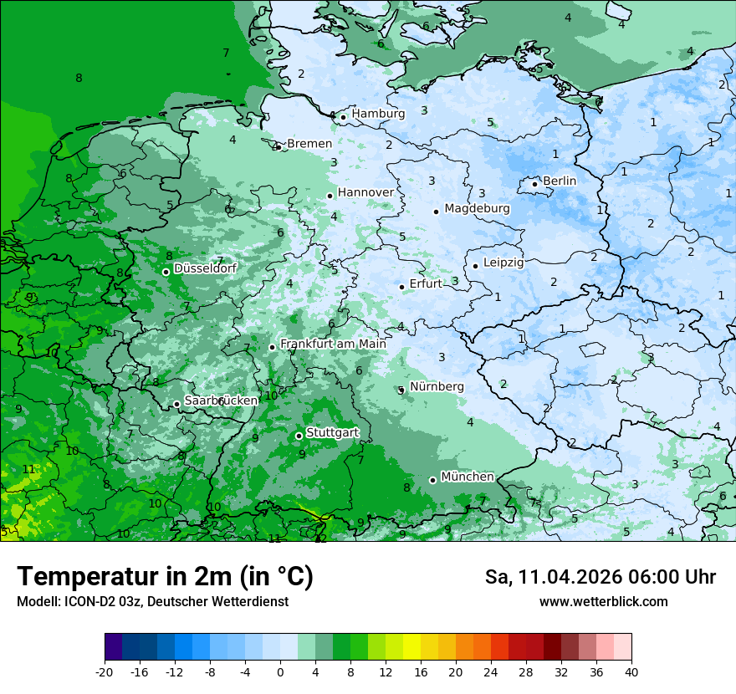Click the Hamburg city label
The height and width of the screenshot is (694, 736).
tap(378, 114)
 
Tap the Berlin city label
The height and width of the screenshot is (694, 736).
tap(560, 181)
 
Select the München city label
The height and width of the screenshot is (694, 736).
tap(468, 477)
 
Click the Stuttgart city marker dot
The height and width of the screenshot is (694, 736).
tap(299, 436)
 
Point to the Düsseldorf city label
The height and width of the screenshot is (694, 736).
tap(205, 268)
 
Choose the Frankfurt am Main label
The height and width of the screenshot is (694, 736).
tap(333, 344)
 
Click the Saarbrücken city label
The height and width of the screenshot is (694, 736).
tap(221, 401)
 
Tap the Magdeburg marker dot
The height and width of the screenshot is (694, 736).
tap(436, 212)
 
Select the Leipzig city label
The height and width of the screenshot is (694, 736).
tap(503, 263)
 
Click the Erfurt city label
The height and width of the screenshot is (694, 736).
tap(426, 283)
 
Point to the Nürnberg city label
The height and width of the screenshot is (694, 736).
tap(437, 386)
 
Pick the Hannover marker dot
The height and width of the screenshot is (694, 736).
tap(330, 196)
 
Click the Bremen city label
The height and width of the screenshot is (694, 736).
tap(309, 144)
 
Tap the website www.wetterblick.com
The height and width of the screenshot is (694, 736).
tap(603, 602)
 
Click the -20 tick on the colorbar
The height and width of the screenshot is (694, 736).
tap(105, 671)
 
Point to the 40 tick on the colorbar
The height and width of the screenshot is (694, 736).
tap(631, 671)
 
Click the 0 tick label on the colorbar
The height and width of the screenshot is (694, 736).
tap(280, 671)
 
